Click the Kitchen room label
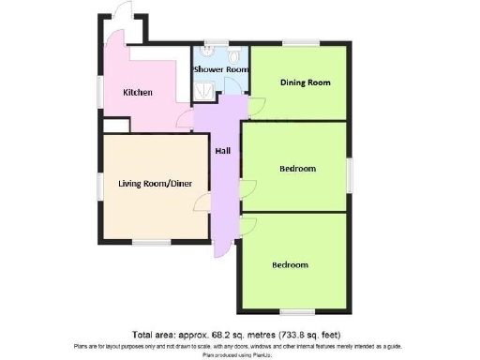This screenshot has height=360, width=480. (139, 92)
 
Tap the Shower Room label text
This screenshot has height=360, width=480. (220, 69)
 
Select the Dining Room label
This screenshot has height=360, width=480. (306, 82)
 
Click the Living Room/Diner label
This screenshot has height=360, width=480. (155, 184)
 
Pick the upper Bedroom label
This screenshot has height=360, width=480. (297, 169)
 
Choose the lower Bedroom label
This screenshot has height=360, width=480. (290, 264)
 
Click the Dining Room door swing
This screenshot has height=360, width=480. (254, 106)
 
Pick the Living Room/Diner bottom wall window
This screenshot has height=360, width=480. (145, 242)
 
